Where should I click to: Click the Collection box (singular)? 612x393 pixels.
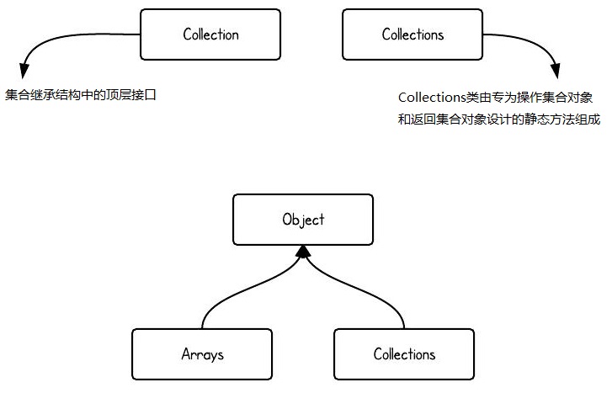[x=210, y=35]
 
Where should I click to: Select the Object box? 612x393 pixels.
[x=303, y=220]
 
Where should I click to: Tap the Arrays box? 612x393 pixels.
[x=202, y=354]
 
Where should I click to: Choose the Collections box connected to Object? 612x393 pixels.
[x=404, y=354]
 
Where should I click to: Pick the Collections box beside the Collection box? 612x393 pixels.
[x=412, y=35]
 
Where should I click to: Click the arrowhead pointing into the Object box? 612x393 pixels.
[x=303, y=252]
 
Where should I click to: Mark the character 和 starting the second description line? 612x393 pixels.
[x=405, y=119]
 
